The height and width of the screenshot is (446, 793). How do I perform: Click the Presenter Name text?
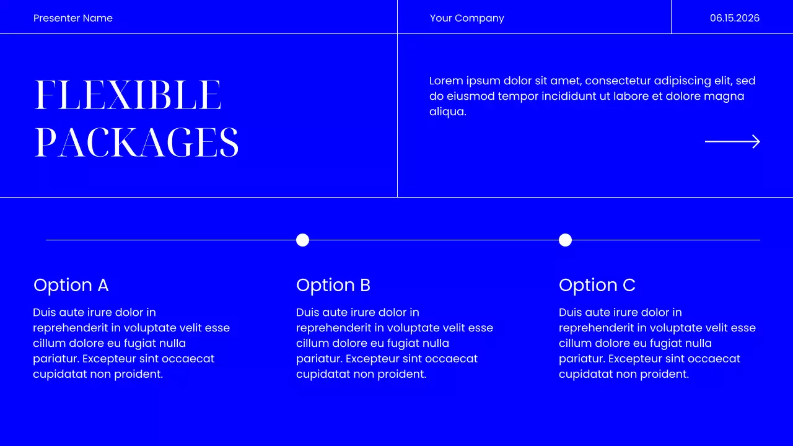coord(73,18)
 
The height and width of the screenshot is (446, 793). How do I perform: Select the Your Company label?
coord(467,18)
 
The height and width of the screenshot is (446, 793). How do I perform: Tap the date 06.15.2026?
coord(735,18)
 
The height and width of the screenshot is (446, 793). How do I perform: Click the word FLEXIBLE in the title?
coord(128,95)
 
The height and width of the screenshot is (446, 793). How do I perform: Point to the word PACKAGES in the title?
coord(136,143)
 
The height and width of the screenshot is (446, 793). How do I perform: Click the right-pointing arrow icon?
coord(732,142)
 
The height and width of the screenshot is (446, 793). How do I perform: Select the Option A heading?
coord(71,285)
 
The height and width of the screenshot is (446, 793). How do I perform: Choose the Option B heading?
coord(333,285)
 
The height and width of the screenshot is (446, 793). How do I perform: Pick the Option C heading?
coord(597,285)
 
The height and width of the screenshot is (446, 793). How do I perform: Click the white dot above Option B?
coord(302,240)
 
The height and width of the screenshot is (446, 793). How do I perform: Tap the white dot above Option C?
coord(565,240)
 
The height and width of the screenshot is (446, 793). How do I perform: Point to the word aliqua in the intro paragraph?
coord(446,111)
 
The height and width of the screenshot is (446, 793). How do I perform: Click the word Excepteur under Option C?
coord(636,359)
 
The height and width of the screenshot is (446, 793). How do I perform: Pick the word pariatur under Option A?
coord(55,359)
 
